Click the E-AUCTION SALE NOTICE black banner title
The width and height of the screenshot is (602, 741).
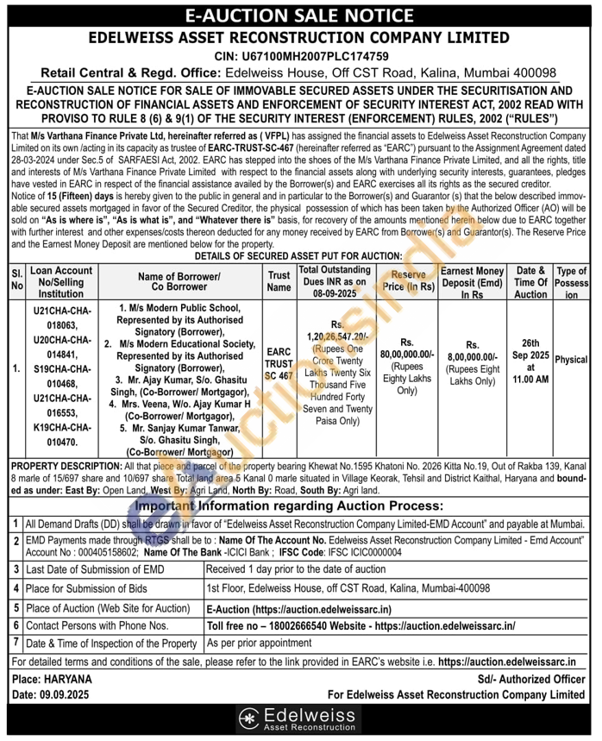pyautogui.click(x=300, y=15)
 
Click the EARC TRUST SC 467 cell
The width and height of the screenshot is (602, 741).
pyautogui.click(x=278, y=365)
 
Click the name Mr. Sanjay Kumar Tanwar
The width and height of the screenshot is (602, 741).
pyautogui.click(x=184, y=426)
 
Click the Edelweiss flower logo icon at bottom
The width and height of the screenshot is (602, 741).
pyautogui.click(x=249, y=718)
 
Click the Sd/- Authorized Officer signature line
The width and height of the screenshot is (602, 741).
pyautogui.click(x=530, y=680)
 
